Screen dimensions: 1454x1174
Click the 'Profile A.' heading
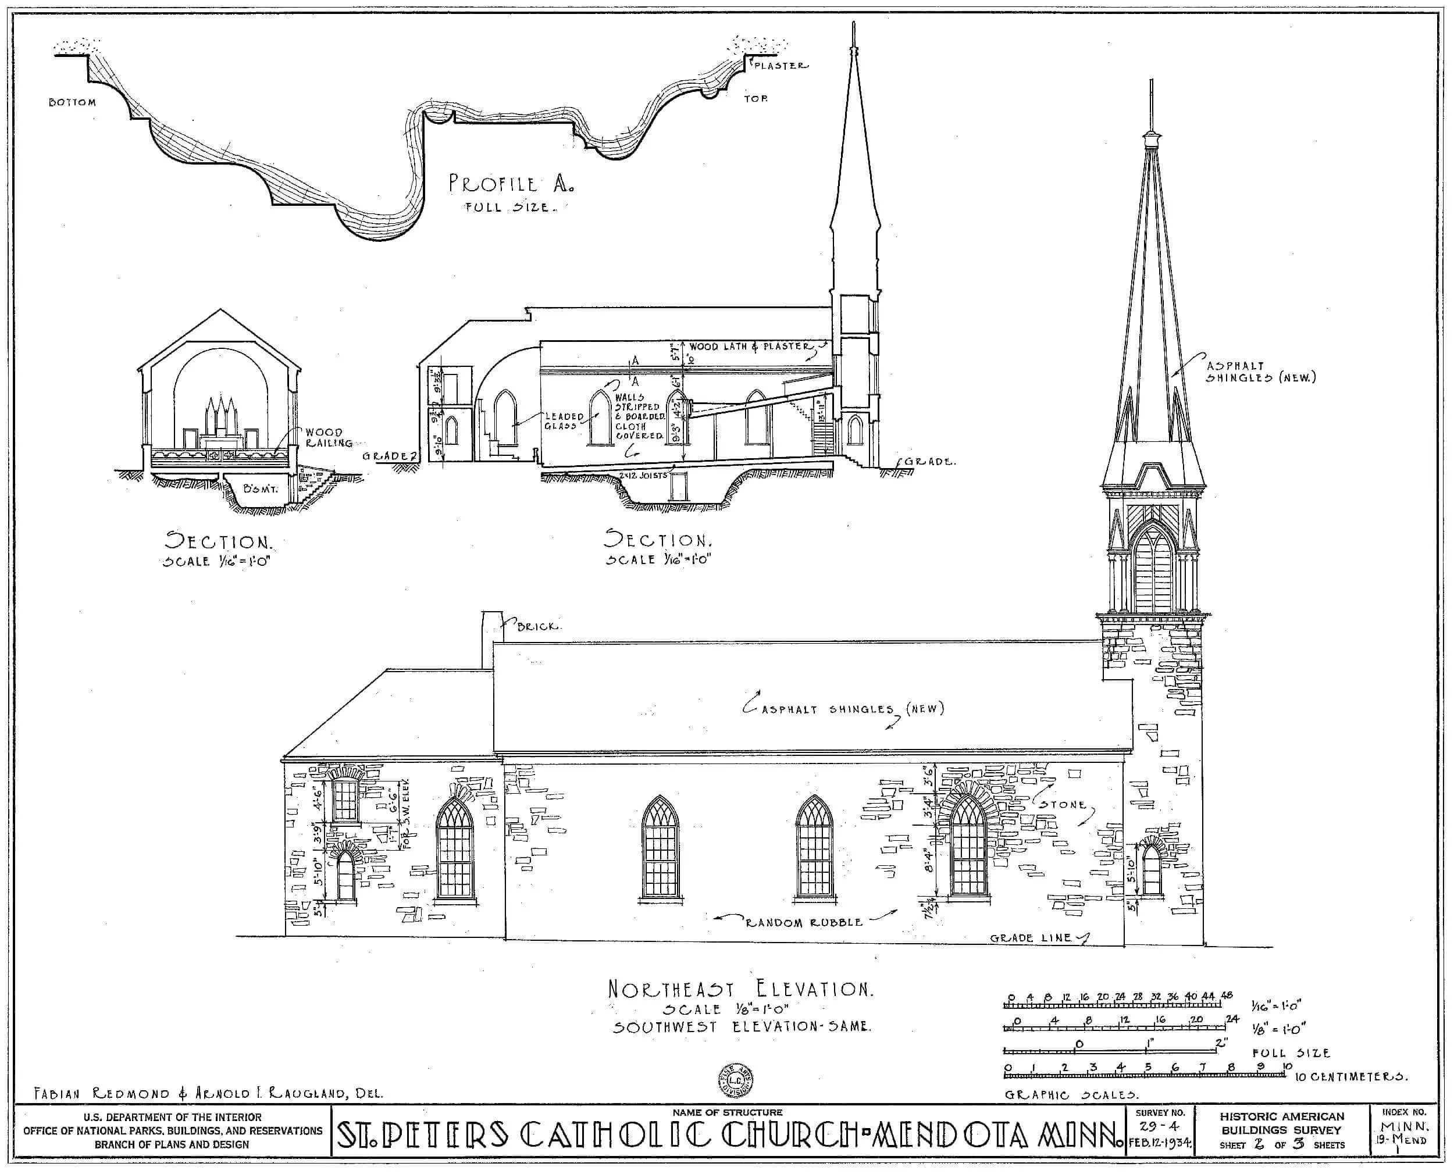[x=511, y=184]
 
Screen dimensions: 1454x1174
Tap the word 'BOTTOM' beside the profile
[x=72, y=103]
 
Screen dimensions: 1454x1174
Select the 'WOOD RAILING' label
[x=328, y=437]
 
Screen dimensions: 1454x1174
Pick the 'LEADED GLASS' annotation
[x=564, y=420]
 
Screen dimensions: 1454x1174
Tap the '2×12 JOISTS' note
[x=643, y=476]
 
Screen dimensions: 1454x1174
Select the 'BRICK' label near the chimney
[x=539, y=626]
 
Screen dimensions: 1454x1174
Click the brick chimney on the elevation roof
[x=491, y=639]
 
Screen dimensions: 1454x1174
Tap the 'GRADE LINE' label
[x=1031, y=938]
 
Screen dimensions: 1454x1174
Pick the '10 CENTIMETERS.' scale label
[x=1350, y=1077]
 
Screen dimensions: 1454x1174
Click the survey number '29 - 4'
[x=1159, y=1127]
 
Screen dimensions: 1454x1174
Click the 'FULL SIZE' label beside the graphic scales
[x=1291, y=1053]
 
